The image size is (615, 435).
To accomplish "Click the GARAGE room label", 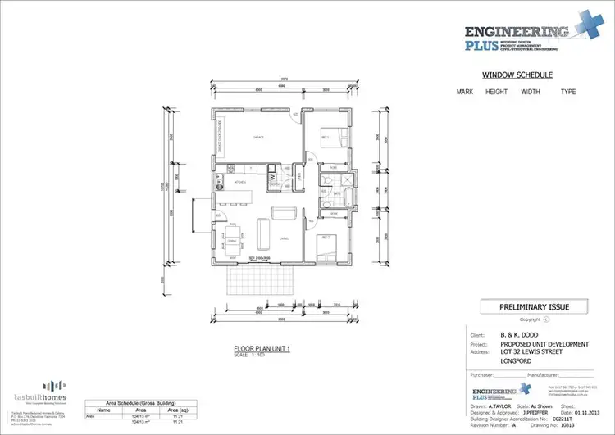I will coord(257,137).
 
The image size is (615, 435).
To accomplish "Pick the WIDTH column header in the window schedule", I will coord(531,93).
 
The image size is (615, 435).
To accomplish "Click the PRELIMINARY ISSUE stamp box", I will coord(535,307).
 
